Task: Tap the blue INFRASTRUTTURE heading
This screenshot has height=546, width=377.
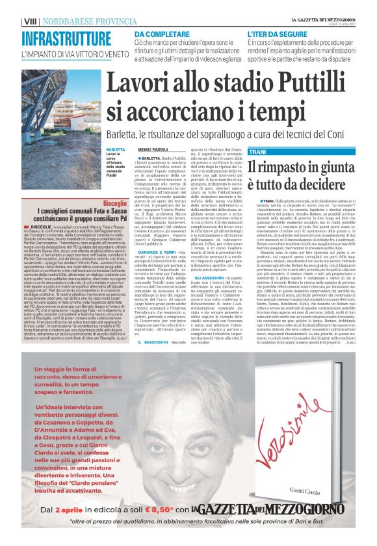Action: [x=65, y=38]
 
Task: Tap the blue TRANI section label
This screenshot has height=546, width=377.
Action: [x=257, y=151]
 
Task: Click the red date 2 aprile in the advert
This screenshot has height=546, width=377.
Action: [x=70, y=511]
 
